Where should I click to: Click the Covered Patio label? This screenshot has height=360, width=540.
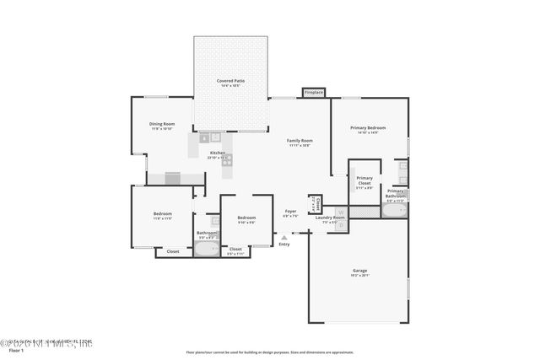230,82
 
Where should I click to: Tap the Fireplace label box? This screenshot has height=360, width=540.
314,92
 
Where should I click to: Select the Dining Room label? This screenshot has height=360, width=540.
162,126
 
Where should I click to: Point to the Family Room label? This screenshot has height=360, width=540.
300,142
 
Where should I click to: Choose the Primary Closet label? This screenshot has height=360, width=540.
364,180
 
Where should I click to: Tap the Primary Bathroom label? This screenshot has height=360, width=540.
396,193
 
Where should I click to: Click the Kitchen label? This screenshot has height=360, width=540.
218,154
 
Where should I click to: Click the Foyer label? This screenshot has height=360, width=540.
290,212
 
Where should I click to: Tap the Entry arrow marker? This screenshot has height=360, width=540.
283,237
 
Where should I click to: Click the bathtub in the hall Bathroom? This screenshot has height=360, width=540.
207,249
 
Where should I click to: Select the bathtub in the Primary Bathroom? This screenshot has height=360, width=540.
394,211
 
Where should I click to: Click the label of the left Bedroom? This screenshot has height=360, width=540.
163,216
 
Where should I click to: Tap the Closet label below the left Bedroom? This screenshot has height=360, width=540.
173,251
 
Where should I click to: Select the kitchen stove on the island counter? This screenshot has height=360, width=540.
226,159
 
